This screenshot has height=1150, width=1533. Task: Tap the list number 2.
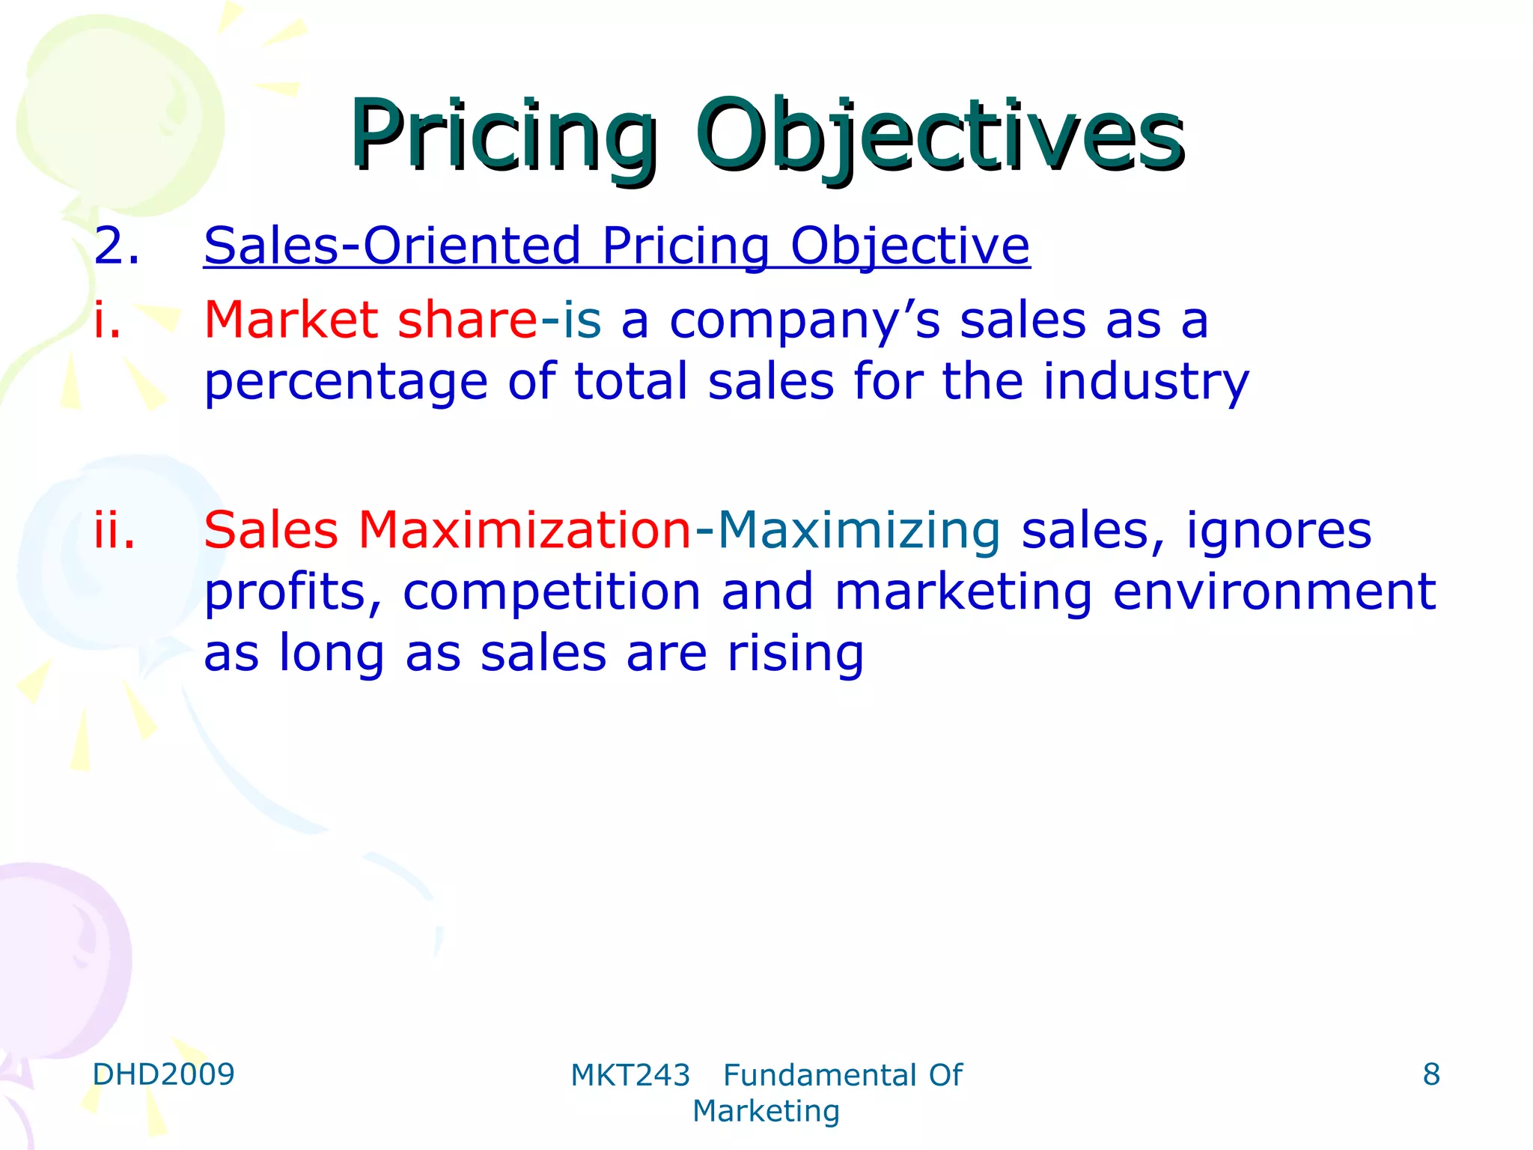coord(116,246)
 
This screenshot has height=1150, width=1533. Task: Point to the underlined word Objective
coord(910,246)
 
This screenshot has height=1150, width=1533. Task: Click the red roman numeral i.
coord(107,320)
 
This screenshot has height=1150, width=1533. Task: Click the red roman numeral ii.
coord(115,530)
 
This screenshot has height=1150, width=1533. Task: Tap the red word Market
coord(291,320)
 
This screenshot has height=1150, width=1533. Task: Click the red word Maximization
coord(525,530)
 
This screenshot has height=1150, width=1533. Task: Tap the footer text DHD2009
coord(163,1074)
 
